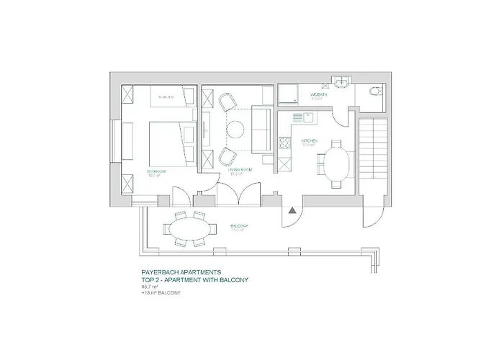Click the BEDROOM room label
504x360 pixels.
156,171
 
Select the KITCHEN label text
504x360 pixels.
310,141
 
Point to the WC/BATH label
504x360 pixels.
320,94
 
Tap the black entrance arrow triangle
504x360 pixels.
292,210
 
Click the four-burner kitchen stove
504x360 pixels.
295,144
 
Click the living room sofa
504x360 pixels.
262,130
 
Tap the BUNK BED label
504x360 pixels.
167,95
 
